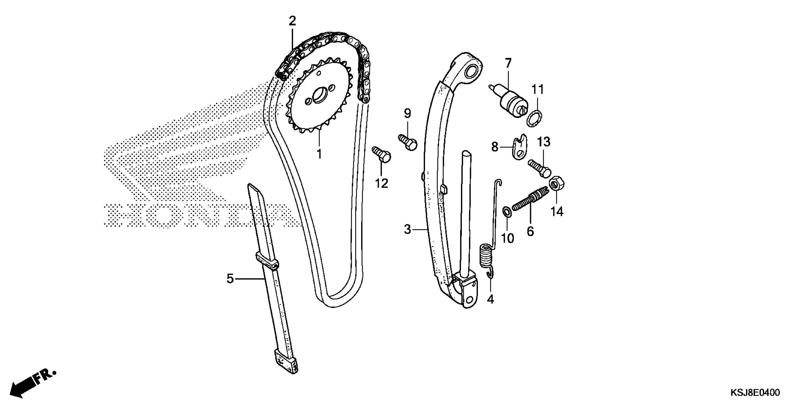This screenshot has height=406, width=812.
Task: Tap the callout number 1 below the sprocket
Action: coord(319,154)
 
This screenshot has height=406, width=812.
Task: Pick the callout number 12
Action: coord(381,183)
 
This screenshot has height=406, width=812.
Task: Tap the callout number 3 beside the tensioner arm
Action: coord(408,230)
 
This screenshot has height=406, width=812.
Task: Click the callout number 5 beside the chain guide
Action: coord(230,279)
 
